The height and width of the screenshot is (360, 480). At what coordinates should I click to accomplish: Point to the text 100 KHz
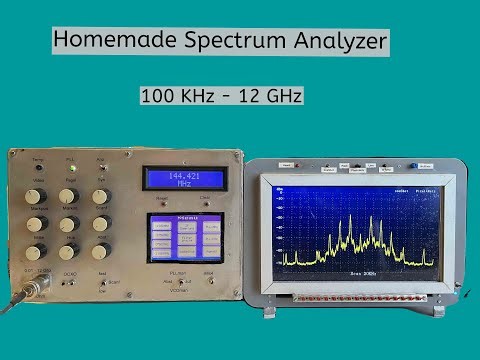[x=176, y=96]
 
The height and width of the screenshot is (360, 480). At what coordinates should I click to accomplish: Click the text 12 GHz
[x=273, y=96]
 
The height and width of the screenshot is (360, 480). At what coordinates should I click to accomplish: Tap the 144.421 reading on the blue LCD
[x=185, y=176]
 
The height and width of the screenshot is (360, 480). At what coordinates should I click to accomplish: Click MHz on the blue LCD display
[x=185, y=185]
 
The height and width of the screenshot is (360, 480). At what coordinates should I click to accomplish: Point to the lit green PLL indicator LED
[x=70, y=166]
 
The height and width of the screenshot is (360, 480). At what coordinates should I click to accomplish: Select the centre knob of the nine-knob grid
[x=68, y=224]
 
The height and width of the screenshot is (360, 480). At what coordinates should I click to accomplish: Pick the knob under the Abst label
[x=101, y=196]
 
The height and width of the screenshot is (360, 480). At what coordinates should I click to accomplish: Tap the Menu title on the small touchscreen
[x=185, y=216]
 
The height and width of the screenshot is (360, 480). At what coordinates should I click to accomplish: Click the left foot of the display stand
[x=272, y=311]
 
